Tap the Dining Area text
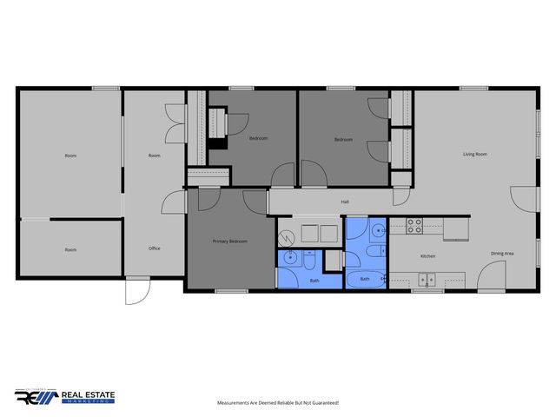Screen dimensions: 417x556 click(502, 253)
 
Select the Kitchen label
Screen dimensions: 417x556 click(428, 256)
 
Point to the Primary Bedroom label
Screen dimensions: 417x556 click(230, 242)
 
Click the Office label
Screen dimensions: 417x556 click(154, 248)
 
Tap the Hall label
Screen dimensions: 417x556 click(345, 202)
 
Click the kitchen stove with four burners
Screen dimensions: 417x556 click(414, 227)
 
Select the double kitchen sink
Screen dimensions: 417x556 click(426, 279)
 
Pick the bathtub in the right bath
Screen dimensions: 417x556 click(366, 280)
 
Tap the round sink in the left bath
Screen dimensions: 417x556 click(289, 257)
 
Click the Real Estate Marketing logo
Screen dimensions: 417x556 click(65, 396)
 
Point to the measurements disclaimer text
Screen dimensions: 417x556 click(278, 403)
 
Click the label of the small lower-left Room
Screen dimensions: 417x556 click(70, 249)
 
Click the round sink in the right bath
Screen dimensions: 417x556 click(379, 229)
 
